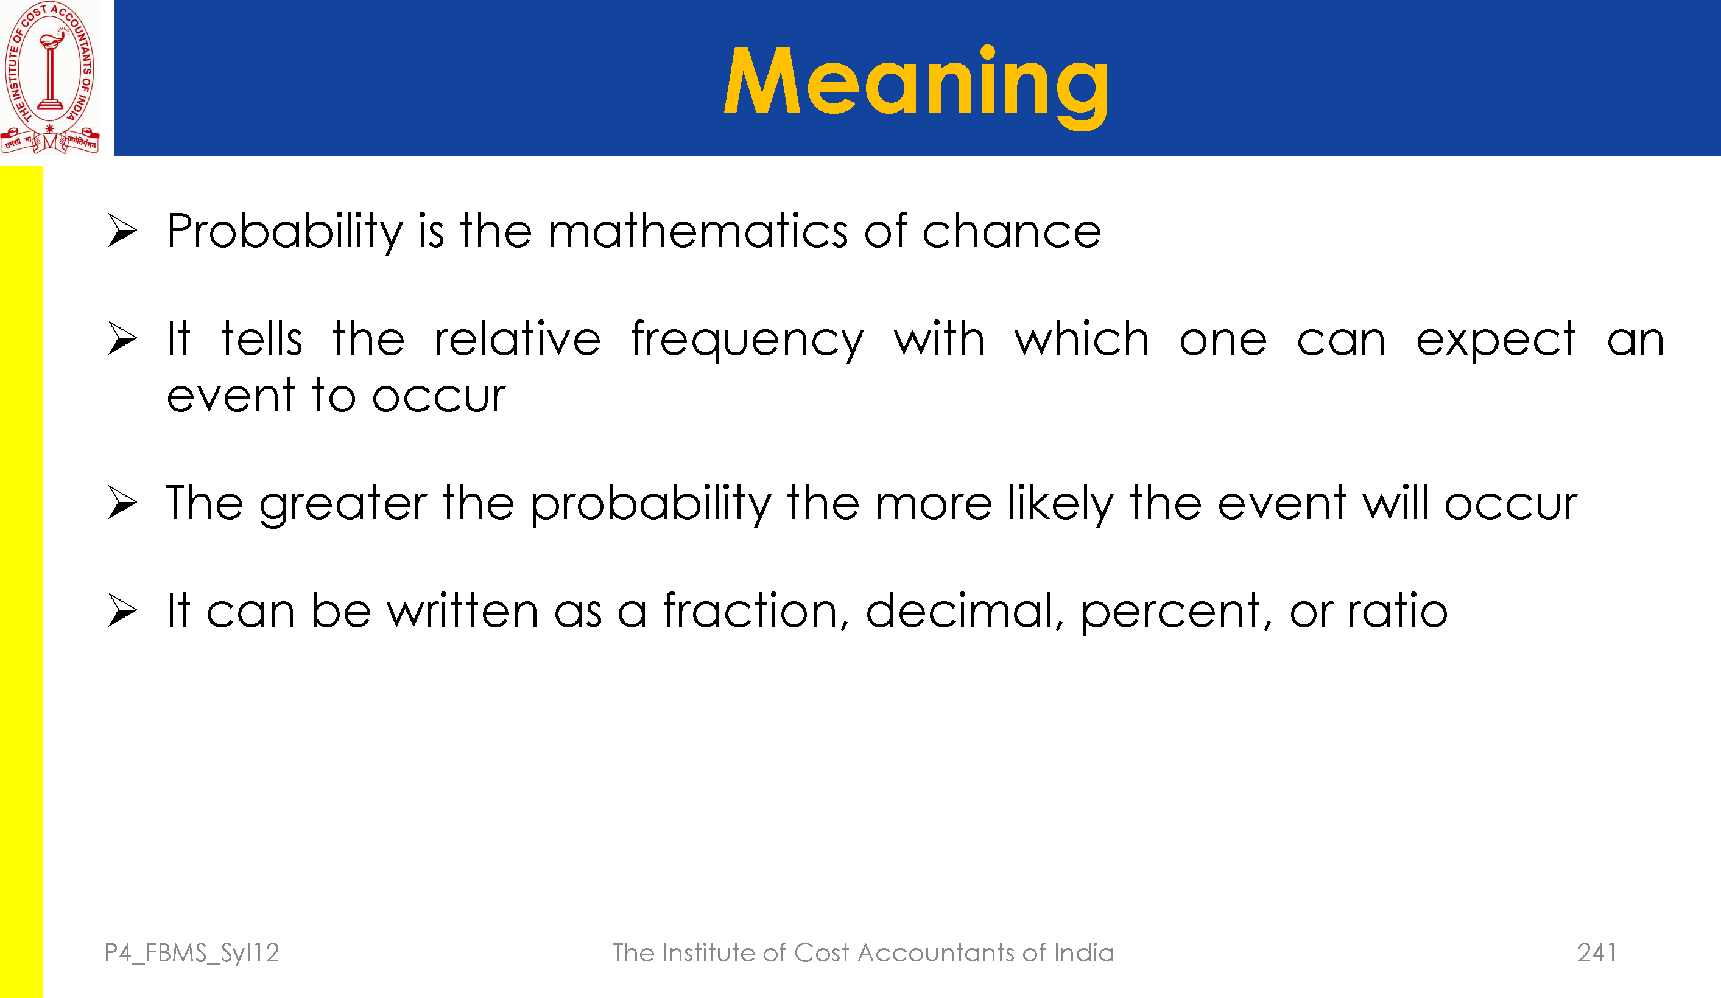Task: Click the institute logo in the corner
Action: point(50,77)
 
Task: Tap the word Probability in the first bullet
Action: point(285,232)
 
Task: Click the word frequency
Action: point(748,341)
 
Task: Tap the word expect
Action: point(1496,341)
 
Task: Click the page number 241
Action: point(1597,952)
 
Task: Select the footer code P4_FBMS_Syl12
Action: point(192,954)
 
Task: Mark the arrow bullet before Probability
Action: point(123,231)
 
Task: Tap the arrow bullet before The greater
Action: point(123,503)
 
